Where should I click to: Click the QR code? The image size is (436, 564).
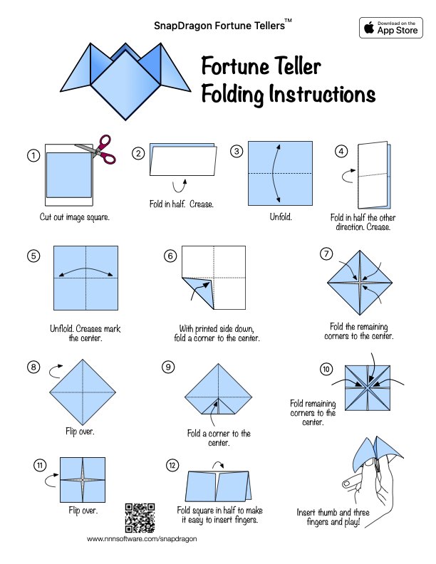(140, 518)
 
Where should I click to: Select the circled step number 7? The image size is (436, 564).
(326, 254)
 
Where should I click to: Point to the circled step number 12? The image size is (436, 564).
(172, 465)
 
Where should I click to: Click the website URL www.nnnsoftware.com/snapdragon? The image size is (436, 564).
(141, 539)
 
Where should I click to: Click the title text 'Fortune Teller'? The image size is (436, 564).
(261, 67)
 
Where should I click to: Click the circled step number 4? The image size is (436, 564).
(343, 151)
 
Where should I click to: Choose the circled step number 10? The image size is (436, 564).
(326, 369)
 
